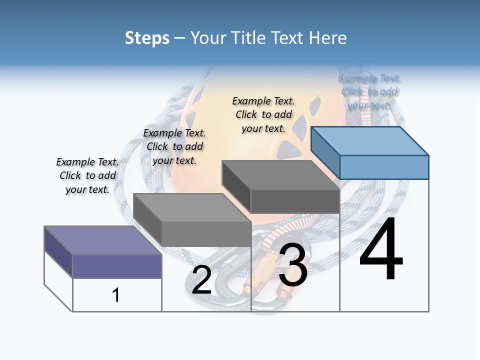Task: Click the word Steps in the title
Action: click(x=147, y=38)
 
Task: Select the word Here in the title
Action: click(x=328, y=38)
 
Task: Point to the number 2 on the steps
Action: click(x=201, y=280)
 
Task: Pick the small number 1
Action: click(x=115, y=295)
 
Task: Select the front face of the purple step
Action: click(x=117, y=266)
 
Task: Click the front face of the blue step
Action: click(x=384, y=167)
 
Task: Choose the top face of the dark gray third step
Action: click(x=280, y=175)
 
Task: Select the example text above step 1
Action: click(x=87, y=175)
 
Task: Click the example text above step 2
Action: click(x=174, y=146)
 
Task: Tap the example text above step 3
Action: click(x=263, y=114)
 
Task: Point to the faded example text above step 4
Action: click(x=369, y=91)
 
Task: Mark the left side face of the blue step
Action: click(x=325, y=152)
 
